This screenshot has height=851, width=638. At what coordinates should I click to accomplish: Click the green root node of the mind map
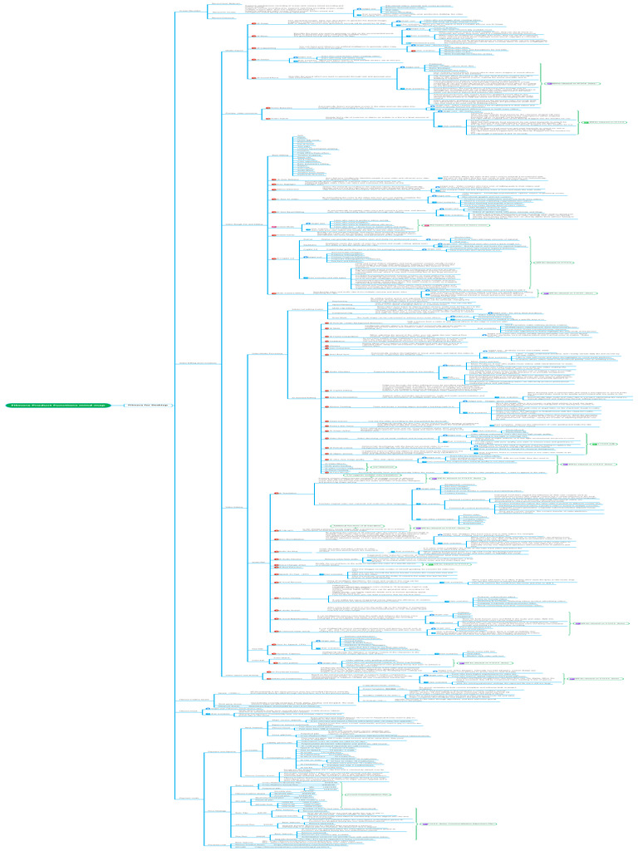(59, 405)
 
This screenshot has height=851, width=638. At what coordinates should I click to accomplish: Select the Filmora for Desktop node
(147, 405)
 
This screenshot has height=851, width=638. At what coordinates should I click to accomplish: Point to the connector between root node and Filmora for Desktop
(117, 405)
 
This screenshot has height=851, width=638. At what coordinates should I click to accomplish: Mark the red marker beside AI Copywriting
(253, 47)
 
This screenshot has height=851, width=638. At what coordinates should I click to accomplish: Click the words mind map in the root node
(94, 405)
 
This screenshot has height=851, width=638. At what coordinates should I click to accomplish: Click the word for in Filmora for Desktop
(144, 405)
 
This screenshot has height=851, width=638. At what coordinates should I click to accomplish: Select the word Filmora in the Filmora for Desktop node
(135, 405)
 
